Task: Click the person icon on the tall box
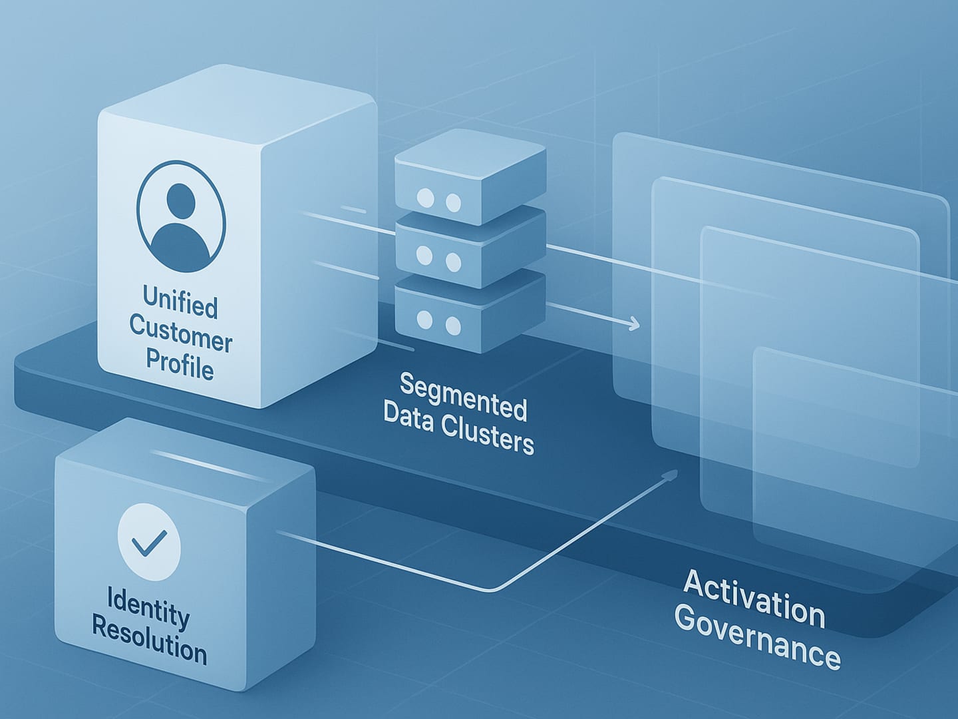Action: click(x=181, y=216)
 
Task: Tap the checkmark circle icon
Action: click(x=149, y=542)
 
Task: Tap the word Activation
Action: click(x=754, y=598)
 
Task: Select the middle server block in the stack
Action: click(x=470, y=246)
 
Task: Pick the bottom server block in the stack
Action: click(x=470, y=313)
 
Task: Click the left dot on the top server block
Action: click(x=424, y=198)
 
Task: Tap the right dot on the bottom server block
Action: click(x=453, y=326)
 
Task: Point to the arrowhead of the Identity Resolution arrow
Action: click(x=672, y=474)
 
